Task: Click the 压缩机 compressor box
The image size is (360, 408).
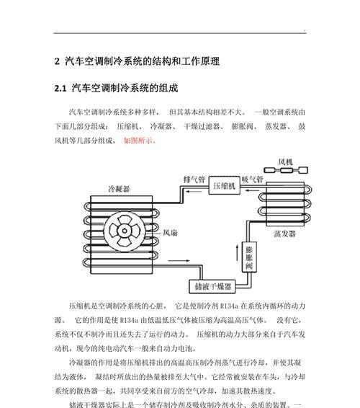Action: point(224,185)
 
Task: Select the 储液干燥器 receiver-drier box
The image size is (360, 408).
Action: point(212,286)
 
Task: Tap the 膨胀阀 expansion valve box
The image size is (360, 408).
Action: point(249,257)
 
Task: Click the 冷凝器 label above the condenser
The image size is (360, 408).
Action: point(119,189)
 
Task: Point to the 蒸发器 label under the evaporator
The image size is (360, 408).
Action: point(284,234)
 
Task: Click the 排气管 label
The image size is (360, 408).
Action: point(194,179)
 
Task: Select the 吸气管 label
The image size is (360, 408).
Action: point(252,179)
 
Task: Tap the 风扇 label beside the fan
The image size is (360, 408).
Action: point(170,233)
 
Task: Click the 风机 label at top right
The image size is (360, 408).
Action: point(285,162)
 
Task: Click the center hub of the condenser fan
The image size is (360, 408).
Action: point(125,231)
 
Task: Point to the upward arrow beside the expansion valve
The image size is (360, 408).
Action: point(237,252)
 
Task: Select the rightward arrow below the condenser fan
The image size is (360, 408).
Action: point(179,260)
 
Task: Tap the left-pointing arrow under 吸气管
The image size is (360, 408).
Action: point(252,190)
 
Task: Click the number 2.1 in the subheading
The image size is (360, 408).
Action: point(60,89)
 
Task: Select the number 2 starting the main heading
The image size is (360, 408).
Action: point(57,61)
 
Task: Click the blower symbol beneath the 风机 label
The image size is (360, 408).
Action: point(286,170)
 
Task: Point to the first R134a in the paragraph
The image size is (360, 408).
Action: point(229,306)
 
